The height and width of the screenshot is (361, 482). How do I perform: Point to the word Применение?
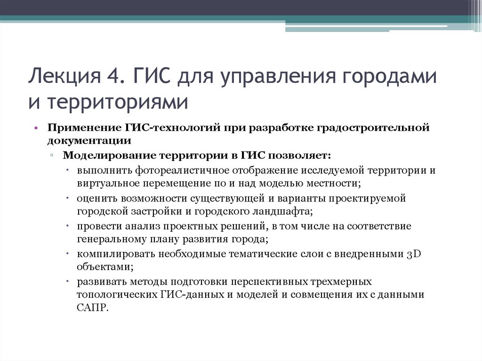(83, 128)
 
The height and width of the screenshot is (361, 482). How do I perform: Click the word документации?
(88, 140)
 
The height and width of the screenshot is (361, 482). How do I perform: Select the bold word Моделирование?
(109, 156)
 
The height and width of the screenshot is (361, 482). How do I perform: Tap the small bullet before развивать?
(68, 282)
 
